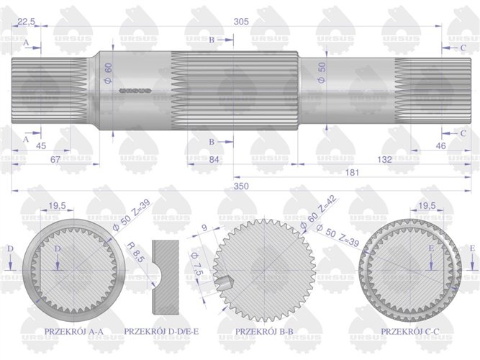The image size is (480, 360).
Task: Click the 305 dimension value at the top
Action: point(241,22)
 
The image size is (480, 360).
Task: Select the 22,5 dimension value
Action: point(27,22)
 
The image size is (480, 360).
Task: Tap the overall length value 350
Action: point(241,186)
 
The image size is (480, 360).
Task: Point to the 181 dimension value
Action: point(352,173)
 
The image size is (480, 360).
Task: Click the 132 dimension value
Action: point(384,159)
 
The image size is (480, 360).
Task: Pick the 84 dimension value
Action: point(213,159)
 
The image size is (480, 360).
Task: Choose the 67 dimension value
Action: point(55,159)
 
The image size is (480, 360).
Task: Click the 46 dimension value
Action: point(440,146)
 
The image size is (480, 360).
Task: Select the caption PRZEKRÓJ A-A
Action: point(74,331)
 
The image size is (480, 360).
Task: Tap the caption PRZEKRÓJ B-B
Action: point(264,331)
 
